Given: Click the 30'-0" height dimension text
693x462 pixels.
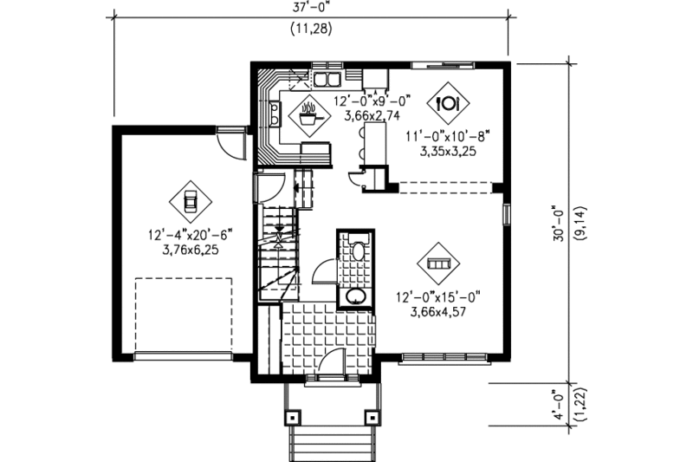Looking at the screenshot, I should tap(560, 224).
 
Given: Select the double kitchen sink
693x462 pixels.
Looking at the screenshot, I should tap(327, 81).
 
